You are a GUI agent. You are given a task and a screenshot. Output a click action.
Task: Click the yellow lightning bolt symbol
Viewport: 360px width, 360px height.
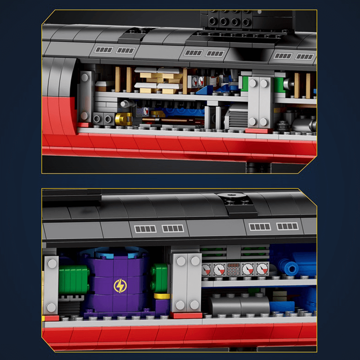(120, 286)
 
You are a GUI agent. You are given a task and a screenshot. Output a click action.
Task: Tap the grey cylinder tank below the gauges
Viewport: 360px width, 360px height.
(238, 305)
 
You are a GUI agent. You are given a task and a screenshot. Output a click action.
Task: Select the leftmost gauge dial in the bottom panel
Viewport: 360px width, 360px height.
(206, 270)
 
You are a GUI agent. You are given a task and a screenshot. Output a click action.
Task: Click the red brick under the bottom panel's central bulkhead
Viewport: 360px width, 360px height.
(186, 315)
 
